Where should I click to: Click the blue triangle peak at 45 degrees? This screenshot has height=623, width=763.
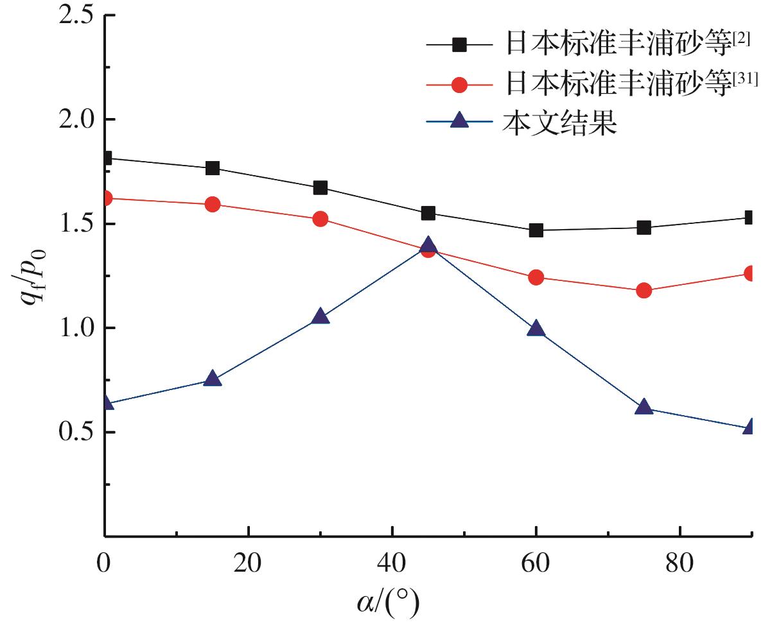(428, 246)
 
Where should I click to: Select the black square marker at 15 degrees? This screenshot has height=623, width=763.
(213, 168)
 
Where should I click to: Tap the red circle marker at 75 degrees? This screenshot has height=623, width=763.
(644, 291)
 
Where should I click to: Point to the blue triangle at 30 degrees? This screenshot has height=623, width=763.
(320, 317)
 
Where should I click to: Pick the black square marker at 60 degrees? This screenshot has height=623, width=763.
(536, 230)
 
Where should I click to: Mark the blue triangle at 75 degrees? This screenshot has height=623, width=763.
(644, 407)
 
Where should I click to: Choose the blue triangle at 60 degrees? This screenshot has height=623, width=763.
(536, 329)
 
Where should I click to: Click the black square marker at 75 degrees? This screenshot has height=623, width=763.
(644, 227)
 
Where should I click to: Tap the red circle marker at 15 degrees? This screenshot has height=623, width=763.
(213, 204)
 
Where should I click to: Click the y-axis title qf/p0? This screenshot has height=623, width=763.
(32, 277)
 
